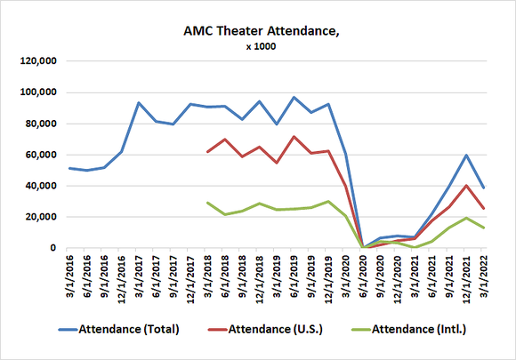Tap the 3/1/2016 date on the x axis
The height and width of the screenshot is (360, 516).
click(70, 277)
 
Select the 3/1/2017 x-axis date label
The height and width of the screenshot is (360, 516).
click(139, 277)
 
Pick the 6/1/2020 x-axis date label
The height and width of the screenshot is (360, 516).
click(362, 277)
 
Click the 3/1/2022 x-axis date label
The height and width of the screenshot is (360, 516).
click(482, 277)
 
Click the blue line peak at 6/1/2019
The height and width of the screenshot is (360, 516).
click(294, 98)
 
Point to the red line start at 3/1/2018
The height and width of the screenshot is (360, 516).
click(207, 152)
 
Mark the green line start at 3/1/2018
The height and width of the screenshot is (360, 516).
click(207, 203)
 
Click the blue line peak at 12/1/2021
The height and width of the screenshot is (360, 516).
click(465, 155)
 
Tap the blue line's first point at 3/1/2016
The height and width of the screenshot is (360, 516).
click(70, 168)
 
